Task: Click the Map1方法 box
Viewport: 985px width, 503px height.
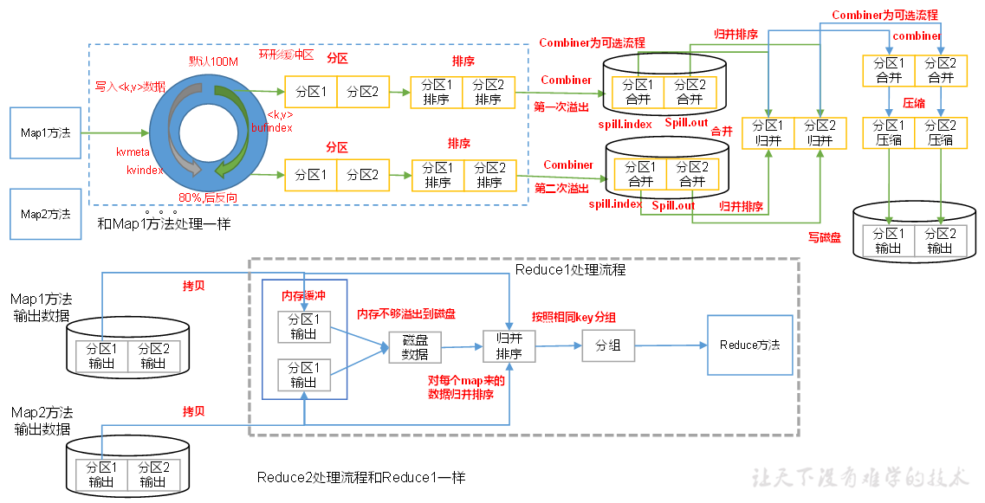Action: (46, 133)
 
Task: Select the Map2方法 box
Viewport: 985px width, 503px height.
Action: (46, 214)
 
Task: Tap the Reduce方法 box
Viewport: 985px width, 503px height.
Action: (749, 345)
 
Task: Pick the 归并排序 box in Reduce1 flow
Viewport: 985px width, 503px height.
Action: (509, 347)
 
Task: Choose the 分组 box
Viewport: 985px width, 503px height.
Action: (607, 345)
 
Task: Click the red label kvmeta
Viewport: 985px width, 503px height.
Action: (133, 152)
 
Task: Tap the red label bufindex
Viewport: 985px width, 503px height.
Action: (271, 127)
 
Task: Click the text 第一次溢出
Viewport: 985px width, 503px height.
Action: (561, 107)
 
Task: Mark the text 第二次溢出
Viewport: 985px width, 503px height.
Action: (561, 188)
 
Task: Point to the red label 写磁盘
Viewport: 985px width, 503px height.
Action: (824, 237)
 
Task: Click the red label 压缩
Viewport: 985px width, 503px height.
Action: (914, 102)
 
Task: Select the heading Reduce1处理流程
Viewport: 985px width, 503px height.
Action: (570, 270)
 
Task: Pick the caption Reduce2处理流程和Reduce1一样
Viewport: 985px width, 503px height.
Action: (361, 478)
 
